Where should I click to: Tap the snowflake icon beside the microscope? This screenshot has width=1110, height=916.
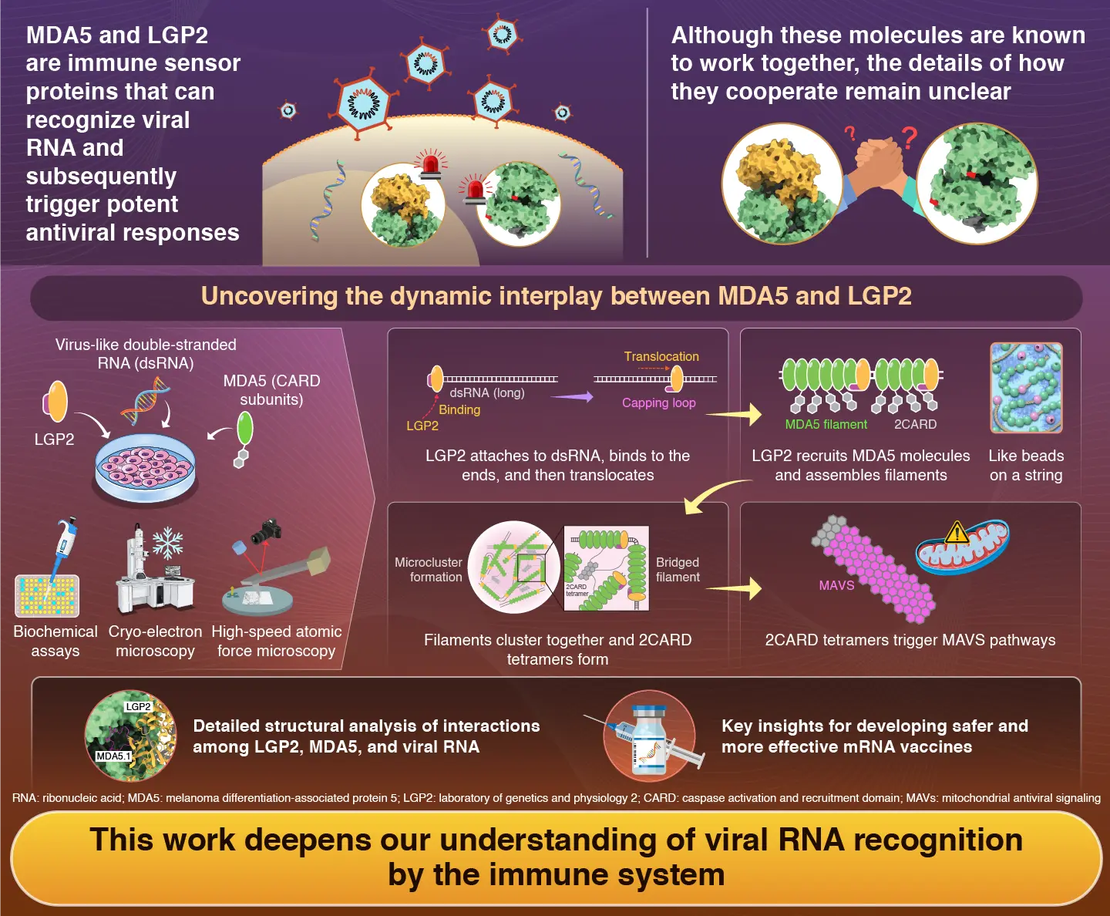coord(167,543)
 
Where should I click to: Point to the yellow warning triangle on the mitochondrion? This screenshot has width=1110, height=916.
coord(957,533)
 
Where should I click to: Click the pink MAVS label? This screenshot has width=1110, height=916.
coord(836,585)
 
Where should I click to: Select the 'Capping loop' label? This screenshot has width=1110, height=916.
coord(658,402)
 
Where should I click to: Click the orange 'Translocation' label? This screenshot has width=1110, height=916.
coord(661,356)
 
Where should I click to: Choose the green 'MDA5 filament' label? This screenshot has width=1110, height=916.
coord(826,424)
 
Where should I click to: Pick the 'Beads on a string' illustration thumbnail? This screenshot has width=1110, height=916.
coord(1026,388)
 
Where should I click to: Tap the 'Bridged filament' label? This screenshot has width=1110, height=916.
coord(678,570)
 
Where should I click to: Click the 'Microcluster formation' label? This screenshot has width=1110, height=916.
coord(429,570)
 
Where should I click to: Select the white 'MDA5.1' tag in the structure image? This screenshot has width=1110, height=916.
coord(113,756)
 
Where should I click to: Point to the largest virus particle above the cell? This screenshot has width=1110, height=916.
coord(363,104)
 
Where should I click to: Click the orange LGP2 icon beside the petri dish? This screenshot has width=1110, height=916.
coord(55,402)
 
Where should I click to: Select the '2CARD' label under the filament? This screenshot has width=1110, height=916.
coord(915,424)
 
